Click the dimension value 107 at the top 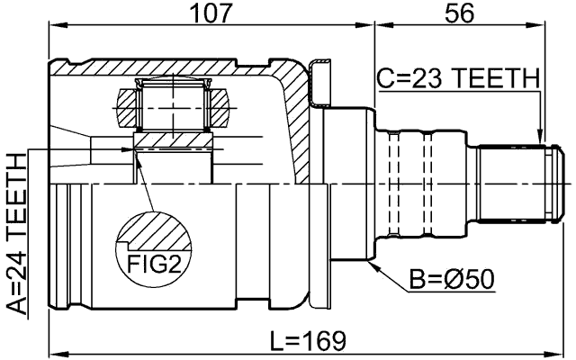(x=209, y=13)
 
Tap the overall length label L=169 (x=309, y=340)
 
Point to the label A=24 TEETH (x=16, y=232)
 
